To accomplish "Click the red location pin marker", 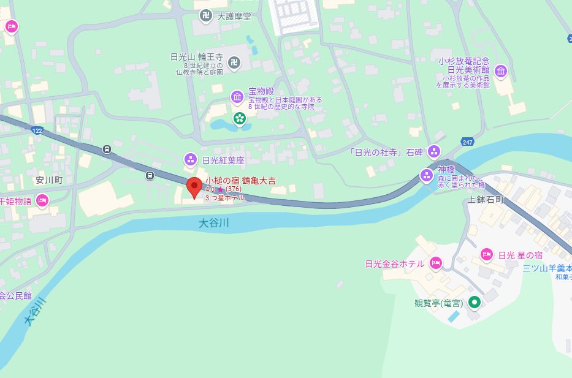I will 194,187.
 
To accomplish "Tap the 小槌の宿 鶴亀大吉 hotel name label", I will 240,181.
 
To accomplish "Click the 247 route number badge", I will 468,142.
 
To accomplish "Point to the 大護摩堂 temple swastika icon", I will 207,16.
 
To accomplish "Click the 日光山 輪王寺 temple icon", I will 234,61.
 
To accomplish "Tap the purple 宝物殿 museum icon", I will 237,97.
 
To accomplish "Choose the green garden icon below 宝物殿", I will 239,117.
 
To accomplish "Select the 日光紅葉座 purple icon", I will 191,160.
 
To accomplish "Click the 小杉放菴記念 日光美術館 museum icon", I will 501,72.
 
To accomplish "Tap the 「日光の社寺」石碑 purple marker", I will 434,151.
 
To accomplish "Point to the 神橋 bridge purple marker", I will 427,176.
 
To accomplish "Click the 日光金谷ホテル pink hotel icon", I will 435,263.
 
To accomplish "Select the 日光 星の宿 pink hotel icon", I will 486,254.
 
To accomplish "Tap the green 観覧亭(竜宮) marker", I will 474,302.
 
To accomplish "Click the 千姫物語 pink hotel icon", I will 42,200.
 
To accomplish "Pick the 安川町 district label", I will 49,181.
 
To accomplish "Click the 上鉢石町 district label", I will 485,200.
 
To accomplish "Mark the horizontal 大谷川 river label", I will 214,224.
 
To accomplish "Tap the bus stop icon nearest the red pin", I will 150,176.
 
